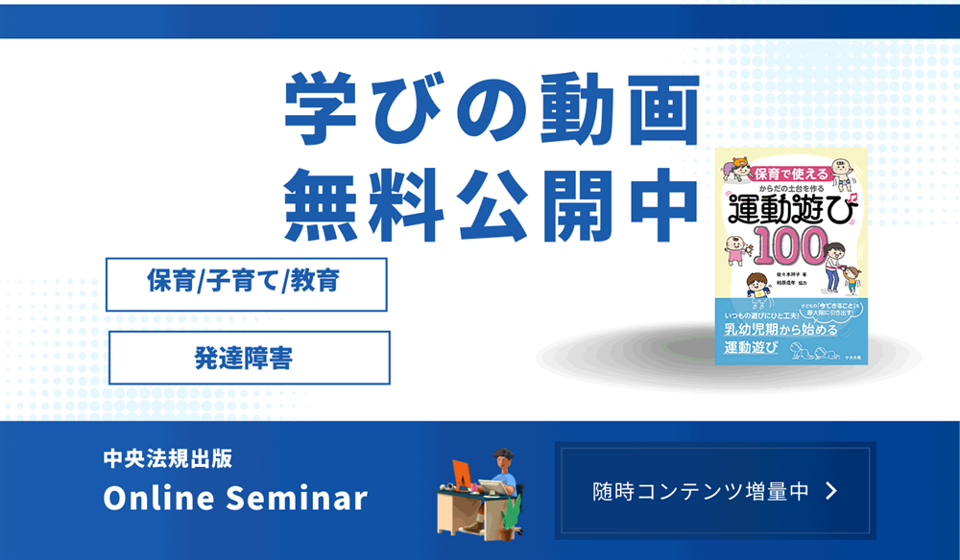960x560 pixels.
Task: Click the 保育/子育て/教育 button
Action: [x=246, y=284]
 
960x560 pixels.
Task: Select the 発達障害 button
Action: [x=249, y=358]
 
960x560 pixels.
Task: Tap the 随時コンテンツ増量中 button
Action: [x=715, y=491]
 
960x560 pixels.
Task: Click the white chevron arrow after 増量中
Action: [x=831, y=491]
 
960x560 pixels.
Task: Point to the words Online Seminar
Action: [x=235, y=499]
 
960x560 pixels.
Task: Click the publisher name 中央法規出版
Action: [x=168, y=458]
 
